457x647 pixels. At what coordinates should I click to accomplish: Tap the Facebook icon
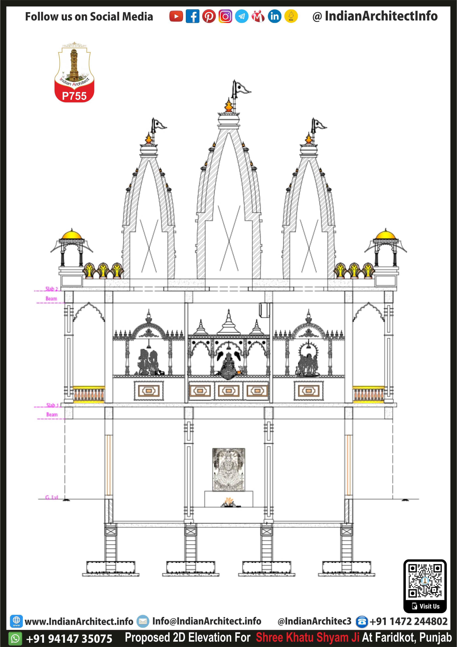pos(192,16)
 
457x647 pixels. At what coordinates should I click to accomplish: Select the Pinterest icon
pos(209,16)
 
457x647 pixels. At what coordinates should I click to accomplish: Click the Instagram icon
pos(225,16)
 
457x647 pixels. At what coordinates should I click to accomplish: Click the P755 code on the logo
pos(74,96)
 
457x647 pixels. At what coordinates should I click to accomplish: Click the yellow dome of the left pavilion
pos(72,234)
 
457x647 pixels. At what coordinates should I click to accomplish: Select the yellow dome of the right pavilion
pos(386,234)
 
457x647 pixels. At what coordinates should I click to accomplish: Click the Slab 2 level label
pos(52,289)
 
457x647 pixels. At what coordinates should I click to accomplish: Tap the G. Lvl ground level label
pos(52,497)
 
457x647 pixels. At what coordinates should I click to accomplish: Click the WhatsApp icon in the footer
pos(15,638)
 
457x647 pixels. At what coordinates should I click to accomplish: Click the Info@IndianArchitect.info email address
pos(207,621)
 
